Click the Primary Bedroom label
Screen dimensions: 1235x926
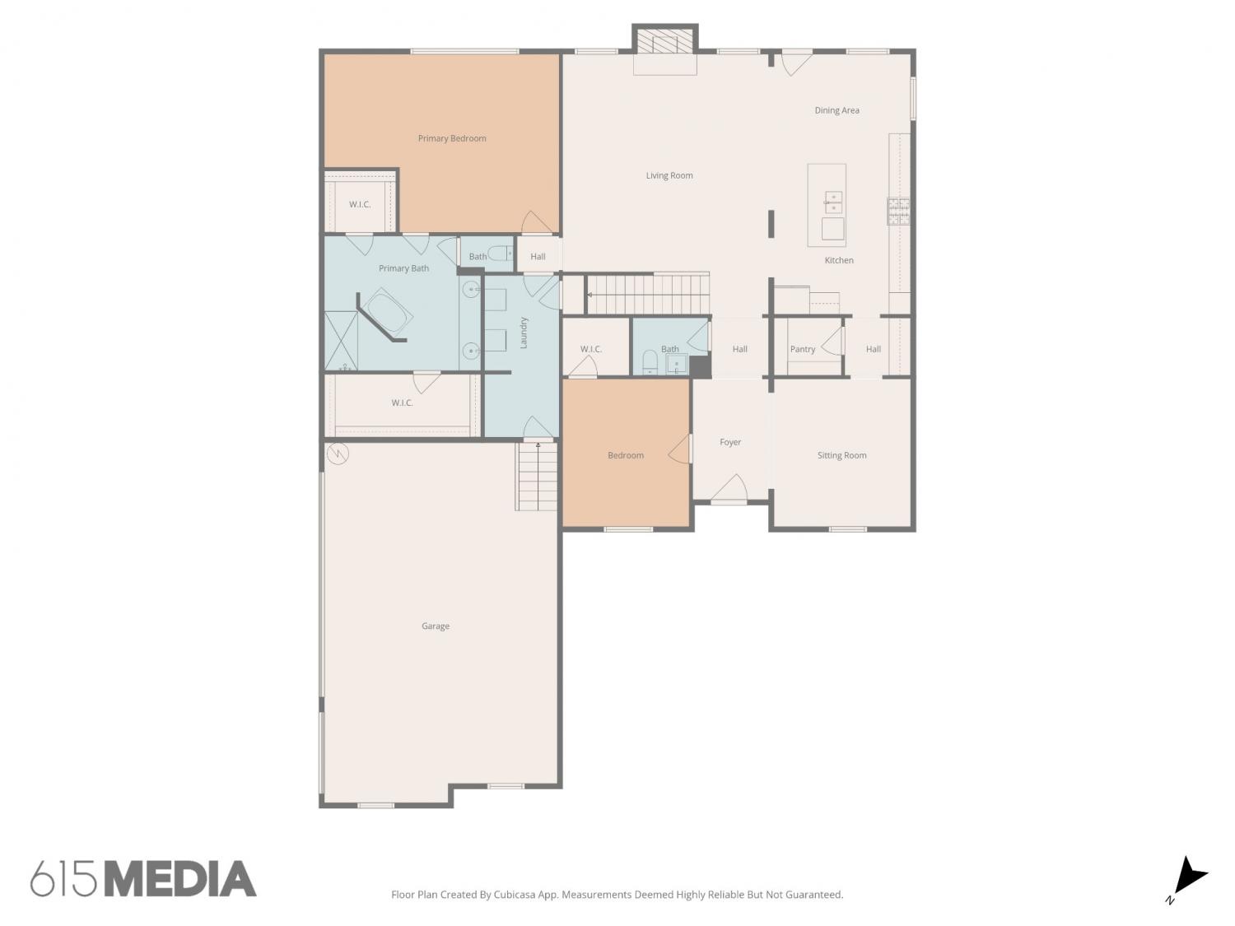[452, 138]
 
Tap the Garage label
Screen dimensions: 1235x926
[436, 626]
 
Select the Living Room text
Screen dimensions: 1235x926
[669, 175]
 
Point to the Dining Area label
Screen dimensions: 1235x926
[837, 110]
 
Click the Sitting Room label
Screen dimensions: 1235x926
[841, 455]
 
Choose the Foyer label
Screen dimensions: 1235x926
[730, 442]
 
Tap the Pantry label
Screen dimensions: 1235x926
[802, 349]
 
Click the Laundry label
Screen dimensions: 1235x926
[524, 333]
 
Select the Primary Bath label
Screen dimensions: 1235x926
[403, 268]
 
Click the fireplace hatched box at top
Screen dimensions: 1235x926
[665, 41]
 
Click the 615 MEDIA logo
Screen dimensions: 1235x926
[143, 878]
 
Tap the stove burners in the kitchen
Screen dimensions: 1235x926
[898, 212]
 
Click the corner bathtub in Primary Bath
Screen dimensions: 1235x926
[387, 313]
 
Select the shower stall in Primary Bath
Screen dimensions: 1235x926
[341, 341]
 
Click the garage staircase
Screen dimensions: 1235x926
[537, 477]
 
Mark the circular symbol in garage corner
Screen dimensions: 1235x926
[338, 454]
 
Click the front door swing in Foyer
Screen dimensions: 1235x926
[729, 488]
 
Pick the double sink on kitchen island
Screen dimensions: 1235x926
[833, 202]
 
